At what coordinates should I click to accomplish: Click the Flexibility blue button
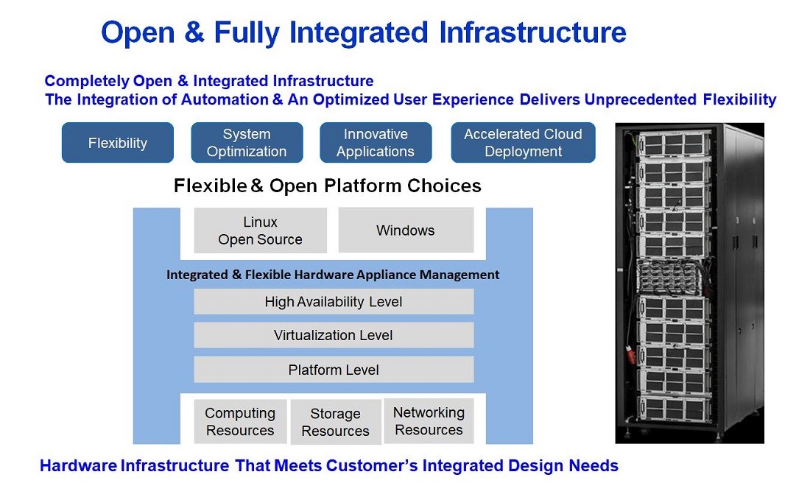[118, 143]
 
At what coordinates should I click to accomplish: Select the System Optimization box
[247, 143]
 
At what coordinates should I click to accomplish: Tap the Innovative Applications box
[376, 143]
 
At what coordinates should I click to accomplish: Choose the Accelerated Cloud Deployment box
[523, 143]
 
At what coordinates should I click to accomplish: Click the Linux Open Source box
[261, 230]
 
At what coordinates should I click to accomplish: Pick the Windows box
[406, 230]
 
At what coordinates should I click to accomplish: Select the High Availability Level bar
[334, 302]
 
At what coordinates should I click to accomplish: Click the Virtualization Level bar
[334, 335]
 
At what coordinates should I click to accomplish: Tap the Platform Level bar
[334, 370]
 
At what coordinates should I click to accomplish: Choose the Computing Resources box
[240, 422]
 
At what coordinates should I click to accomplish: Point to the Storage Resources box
[336, 422]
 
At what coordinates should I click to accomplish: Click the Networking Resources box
[429, 421]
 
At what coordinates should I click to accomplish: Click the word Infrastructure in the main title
[532, 32]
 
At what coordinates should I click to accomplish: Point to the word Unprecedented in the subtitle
[641, 99]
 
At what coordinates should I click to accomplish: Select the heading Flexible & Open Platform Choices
[328, 186]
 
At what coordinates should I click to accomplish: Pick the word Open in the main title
[138, 33]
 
